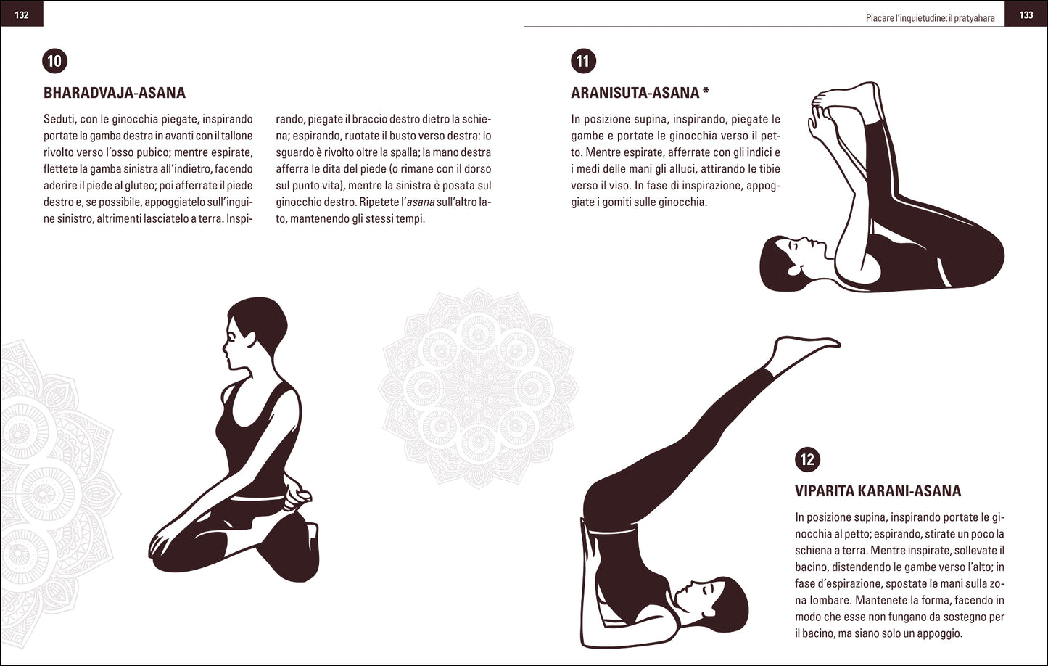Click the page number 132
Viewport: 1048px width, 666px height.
(x=22, y=15)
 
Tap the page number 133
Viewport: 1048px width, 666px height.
(x=1026, y=15)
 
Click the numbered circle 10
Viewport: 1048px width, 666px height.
(x=55, y=61)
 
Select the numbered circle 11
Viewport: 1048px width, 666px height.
(x=583, y=61)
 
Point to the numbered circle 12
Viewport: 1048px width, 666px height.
(x=807, y=459)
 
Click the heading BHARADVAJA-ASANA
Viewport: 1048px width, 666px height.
(x=115, y=93)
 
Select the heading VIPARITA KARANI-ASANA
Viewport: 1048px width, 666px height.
(x=878, y=491)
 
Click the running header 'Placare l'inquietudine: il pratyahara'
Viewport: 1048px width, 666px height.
(x=930, y=16)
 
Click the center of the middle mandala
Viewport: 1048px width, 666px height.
(x=479, y=388)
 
